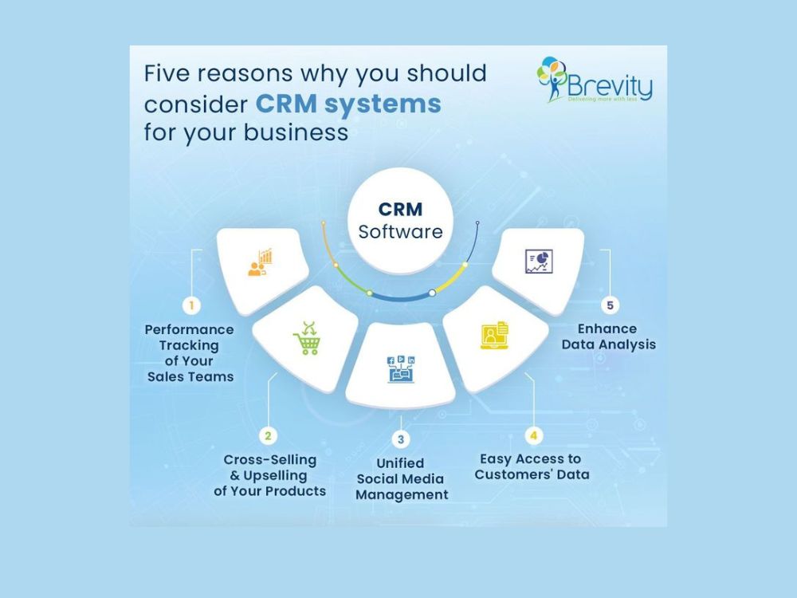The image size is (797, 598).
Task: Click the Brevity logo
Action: (595, 79)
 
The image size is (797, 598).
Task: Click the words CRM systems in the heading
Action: (348, 104)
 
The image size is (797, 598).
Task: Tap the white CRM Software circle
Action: (401, 220)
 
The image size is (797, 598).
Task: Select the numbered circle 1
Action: (191, 305)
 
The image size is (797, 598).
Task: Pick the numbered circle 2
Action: (268, 436)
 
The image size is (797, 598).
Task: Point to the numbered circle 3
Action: (401, 439)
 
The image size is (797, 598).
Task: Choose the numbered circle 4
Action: (533, 436)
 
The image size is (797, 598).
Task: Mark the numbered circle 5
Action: (610, 305)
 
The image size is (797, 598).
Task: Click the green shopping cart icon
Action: (307, 338)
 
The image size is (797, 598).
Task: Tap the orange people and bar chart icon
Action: (261, 262)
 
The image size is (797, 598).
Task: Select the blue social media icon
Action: (401, 369)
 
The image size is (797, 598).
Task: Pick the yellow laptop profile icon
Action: (495, 335)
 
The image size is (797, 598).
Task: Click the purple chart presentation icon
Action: (539, 262)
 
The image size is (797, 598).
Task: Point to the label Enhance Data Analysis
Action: (608, 336)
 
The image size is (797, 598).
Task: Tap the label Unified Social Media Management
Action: (402, 479)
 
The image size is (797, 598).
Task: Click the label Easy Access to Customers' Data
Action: (532, 466)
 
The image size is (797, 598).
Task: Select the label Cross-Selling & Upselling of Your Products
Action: (270, 475)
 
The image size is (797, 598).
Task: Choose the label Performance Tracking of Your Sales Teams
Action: (190, 353)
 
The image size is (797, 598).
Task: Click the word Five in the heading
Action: (167, 73)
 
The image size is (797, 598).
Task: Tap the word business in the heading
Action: (296, 132)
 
